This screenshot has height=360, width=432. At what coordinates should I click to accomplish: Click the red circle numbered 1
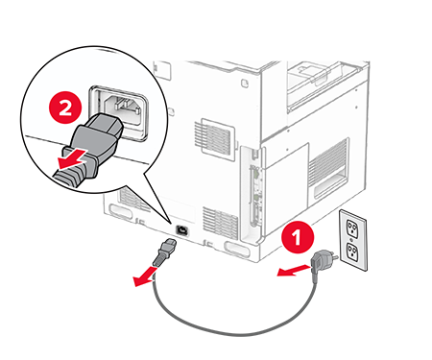298,237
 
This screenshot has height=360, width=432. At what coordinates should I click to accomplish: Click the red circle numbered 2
65,108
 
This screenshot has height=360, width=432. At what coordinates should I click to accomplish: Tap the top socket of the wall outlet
351,228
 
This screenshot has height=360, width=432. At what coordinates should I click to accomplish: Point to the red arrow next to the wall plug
294,270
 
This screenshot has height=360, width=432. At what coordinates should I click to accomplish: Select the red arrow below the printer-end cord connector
145,277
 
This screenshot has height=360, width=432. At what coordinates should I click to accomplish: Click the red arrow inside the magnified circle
73,158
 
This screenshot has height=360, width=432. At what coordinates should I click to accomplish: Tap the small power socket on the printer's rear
181,229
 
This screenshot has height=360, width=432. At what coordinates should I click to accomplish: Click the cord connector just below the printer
164,252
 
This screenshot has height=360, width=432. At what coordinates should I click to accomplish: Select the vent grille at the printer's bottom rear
221,223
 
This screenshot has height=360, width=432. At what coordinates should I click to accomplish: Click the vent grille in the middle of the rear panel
214,135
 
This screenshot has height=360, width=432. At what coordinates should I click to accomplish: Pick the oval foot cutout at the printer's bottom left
121,211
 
